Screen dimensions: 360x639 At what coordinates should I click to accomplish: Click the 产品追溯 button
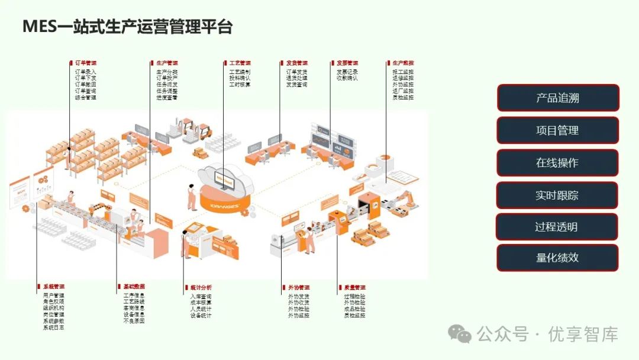[557, 98]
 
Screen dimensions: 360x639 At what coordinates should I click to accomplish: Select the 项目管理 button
[557, 130]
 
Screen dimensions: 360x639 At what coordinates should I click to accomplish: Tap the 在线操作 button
[557, 163]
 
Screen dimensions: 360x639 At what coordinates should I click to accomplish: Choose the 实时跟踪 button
[557, 195]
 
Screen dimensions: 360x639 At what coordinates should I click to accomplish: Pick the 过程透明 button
[557, 227]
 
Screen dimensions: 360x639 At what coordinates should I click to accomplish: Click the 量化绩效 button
[557, 258]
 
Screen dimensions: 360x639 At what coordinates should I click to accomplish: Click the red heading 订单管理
[85, 63]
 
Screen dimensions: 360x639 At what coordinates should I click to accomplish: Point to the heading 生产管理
[167, 63]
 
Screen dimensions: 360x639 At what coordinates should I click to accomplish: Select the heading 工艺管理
[240, 63]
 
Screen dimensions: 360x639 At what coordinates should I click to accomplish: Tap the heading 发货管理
[296, 63]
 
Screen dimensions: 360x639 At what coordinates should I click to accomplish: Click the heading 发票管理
[347, 63]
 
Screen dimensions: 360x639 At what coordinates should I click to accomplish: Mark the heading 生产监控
[403, 63]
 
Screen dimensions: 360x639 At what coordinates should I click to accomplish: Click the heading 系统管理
[54, 287]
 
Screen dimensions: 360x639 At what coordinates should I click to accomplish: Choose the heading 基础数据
[134, 287]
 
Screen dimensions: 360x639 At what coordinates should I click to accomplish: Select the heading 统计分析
[201, 288]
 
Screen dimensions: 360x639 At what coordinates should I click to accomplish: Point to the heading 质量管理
[354, 288]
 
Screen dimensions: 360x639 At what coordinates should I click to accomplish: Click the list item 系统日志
[54, 327]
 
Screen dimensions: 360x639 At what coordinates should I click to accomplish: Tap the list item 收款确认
[347, 78]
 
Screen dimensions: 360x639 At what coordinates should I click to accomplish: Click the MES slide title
[127, 27]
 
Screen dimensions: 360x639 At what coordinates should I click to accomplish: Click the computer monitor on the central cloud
[224, 181]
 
